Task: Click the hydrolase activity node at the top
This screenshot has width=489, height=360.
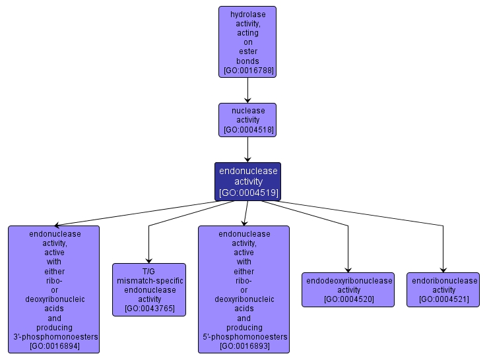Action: click(x=247, y=42)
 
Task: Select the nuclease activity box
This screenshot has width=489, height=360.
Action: click(x=247, y=120)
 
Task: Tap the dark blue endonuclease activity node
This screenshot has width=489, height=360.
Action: click(x=247, y=181)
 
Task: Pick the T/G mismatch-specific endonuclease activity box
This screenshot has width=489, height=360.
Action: click(x=149, y=289)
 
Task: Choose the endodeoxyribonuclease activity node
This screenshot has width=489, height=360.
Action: click(x=348, y=289)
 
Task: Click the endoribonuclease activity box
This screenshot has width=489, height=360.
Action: click(x=443, y=289)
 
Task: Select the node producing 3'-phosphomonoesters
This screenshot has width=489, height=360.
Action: click(x=54, y=289)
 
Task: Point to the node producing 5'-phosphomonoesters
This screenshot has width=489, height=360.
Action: click(x=244, y=289)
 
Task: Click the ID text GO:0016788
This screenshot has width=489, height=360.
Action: click(x=248, y=70)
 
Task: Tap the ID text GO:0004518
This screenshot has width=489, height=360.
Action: click(x=248, y=130)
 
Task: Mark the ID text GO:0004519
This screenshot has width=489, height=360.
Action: click(x=248, y=193)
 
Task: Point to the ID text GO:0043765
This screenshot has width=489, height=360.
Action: click(x=149, y=309)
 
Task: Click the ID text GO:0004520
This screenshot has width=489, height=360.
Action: click(x=348, y=299)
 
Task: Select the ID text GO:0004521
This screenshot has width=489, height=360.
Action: click(x=443, y=299)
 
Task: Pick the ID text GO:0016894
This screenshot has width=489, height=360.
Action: click(x=55, y=346)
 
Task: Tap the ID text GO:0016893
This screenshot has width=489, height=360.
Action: click(x=244, y=346)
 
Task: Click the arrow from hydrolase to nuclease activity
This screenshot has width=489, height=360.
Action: click(x=247, y=90)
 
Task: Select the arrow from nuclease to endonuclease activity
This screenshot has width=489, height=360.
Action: click(x=247, y=150)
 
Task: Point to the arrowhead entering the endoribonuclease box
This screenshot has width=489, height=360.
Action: click(x=443, y=269)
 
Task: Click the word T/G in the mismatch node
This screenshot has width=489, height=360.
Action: click(x=148, y=271)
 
